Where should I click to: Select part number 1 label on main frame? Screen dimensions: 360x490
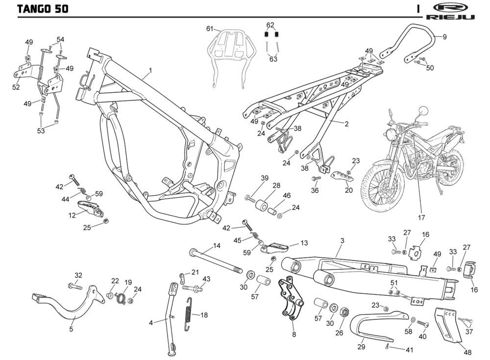150,70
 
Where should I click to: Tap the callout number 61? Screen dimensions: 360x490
210,29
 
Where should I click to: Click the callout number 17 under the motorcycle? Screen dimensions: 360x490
420,217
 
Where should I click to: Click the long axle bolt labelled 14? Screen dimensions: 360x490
216,260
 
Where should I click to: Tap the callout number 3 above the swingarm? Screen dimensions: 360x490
342,240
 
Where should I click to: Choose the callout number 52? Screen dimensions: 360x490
16,87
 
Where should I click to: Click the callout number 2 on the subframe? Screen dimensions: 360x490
346,124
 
